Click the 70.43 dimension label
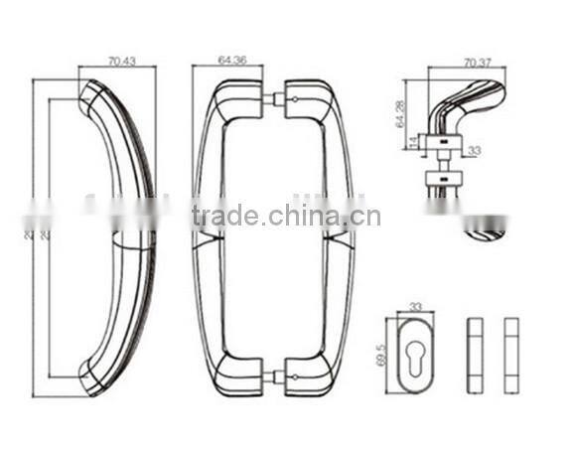tap(121, 62)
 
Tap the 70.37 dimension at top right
tap(477, 64)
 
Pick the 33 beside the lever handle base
tap(474, 151)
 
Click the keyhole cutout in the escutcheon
tap(415, 353)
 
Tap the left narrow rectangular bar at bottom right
tap(473, 355)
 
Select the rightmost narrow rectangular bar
tap(510, 355)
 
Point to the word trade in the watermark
tap(225, 217)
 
